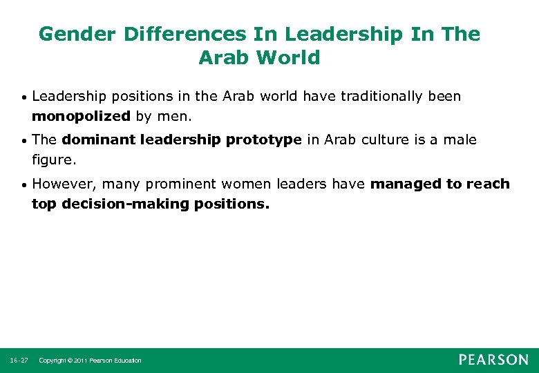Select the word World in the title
287,57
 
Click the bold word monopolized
81,115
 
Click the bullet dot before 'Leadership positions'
24,97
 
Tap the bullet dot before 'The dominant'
24,141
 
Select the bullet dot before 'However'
24,185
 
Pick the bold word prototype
263,140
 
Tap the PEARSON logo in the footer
493,360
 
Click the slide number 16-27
19,361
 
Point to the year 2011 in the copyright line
79,361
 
